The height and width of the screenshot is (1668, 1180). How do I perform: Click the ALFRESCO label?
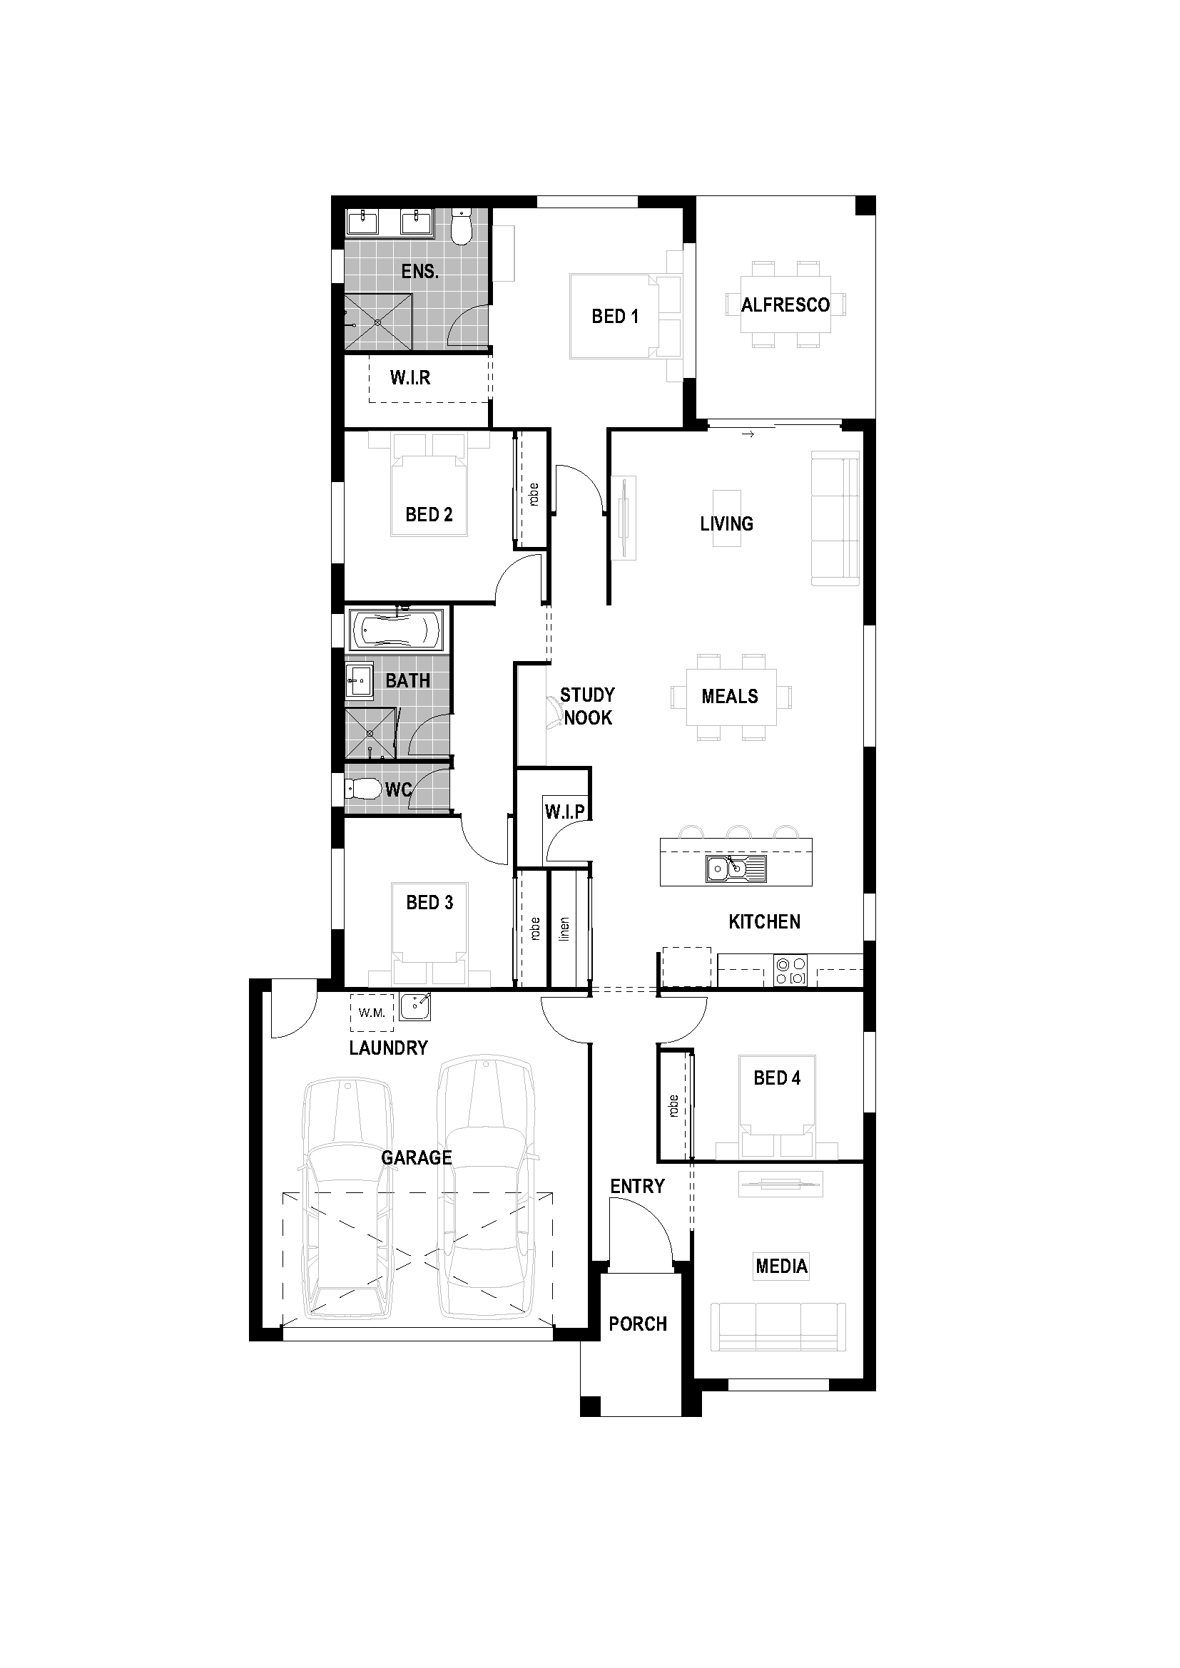coord(785,305)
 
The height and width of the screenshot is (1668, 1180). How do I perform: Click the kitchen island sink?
coord(736,868)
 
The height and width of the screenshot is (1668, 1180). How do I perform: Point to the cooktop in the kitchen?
coord(790,971)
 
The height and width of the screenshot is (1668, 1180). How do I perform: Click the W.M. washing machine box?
coord(372,1013)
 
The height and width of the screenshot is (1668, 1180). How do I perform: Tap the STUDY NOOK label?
coord(587,706)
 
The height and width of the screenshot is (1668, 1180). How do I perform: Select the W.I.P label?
coord(564,812)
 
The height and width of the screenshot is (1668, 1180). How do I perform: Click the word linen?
coord(564,930)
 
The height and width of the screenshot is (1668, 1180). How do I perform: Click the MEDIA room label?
coord(781,1266)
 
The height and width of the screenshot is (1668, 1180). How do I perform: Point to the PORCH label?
coord(637,1324)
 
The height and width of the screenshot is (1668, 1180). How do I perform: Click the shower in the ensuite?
coord(378,322)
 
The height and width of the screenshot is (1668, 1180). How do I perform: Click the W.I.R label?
coord(410,378)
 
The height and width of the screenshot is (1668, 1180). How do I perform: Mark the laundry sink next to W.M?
coord(416,1007)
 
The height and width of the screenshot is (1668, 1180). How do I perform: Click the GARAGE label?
coord(417,1157)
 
